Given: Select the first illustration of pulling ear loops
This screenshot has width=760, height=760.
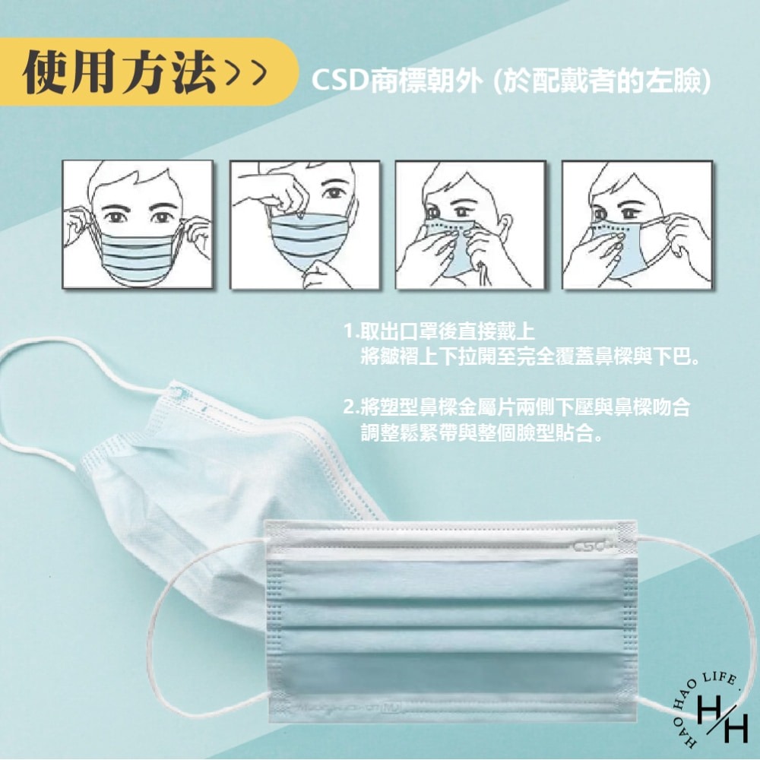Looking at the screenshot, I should pos(138,224).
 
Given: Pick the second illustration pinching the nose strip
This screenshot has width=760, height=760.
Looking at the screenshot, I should pos(304,224).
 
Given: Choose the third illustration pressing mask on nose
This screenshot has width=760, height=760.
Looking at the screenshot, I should pos(470,224).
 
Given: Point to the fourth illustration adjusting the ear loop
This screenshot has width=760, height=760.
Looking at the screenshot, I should pos(637,224).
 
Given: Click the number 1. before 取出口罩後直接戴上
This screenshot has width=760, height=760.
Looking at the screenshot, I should pos(350,331).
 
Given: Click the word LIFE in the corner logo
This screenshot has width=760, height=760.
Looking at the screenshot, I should pos(717,678).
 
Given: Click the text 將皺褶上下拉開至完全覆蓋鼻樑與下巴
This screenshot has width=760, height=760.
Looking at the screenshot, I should pos(530,356).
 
